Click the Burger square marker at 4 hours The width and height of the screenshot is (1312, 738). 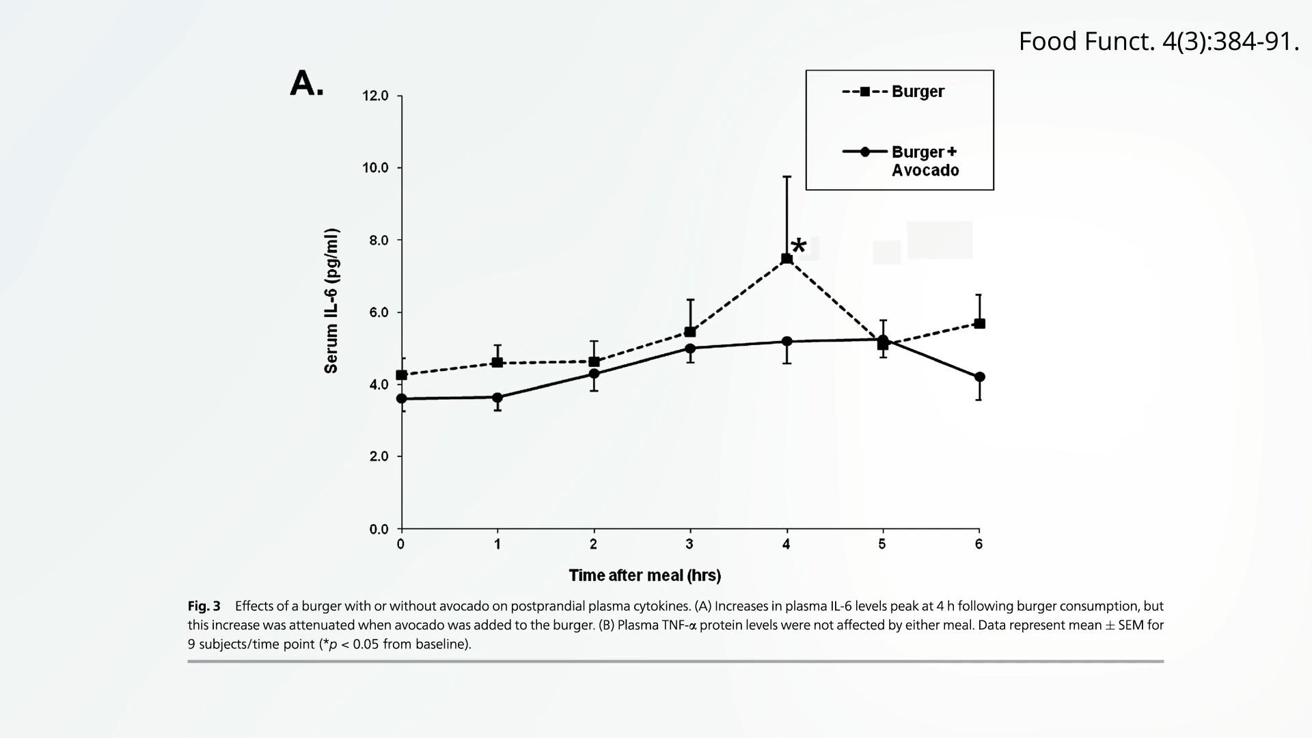(787, 258)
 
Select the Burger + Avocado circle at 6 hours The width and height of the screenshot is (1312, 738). (979, 377)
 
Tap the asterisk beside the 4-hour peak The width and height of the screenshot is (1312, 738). (798, 246)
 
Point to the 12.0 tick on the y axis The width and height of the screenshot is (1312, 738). (375, 96)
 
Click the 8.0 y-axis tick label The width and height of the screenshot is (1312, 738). (375, 241)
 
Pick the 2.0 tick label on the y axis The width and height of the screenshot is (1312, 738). (375, 456)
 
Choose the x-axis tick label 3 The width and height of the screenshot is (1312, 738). (689, 545)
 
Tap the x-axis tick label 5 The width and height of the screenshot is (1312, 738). (882, 545)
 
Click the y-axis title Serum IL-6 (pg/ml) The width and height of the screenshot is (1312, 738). (331, 301)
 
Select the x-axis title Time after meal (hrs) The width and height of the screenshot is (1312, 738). (644, 575)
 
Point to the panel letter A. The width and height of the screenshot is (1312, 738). (307, 84)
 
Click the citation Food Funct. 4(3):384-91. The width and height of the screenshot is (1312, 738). (1158, 42)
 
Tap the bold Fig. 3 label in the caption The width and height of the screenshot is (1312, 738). (204, 606)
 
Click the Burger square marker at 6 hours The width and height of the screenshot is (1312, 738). (979, 323)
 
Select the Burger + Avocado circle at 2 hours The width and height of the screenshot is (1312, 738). (594, 374)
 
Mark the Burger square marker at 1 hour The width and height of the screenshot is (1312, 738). (497, 362)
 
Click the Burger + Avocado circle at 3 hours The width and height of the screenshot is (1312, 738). (690, 348)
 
